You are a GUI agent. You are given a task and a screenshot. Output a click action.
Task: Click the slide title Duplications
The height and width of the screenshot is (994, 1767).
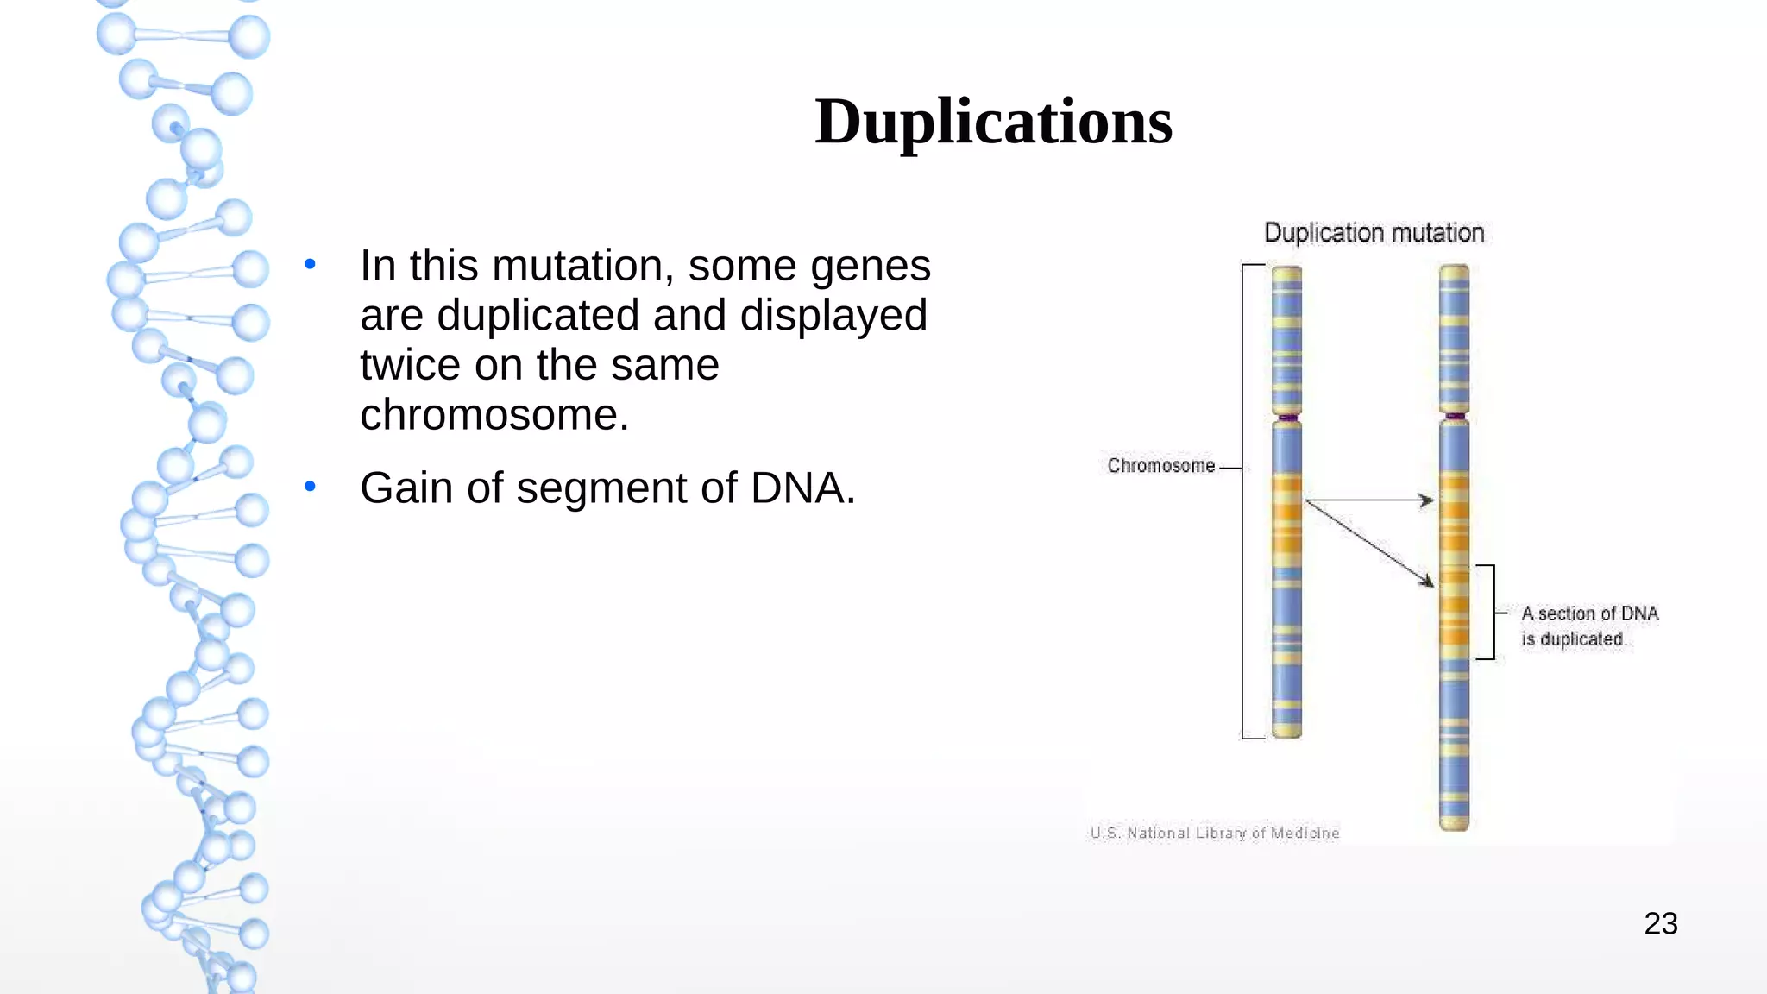(993, 122)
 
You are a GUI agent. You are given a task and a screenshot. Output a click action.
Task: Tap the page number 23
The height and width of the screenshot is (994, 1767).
(1660, 923)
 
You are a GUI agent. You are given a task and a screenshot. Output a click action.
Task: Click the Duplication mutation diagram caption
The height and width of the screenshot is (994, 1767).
(1374, 233)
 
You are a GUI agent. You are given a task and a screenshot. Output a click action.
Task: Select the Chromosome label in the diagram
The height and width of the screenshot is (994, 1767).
(1160, 466)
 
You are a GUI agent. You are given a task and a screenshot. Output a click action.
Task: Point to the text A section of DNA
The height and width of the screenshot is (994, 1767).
(1589, 613)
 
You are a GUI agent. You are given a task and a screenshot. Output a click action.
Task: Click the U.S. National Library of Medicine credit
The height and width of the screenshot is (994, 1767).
(1214, 833)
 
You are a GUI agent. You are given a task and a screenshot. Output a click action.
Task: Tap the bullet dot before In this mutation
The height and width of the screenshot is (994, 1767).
(310, 264)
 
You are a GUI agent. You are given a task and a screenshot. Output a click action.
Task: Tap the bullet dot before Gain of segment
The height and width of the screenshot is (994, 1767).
(310, 487)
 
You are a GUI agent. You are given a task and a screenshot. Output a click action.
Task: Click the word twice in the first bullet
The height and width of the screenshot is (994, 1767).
(410, 365)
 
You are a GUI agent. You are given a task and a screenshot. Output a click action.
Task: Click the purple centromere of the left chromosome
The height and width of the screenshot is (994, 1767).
(1287, 418)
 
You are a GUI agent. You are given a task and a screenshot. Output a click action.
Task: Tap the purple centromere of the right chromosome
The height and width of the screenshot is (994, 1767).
(1455, 417)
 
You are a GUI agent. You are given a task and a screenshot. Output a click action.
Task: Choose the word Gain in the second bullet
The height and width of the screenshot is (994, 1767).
(406, 488)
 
